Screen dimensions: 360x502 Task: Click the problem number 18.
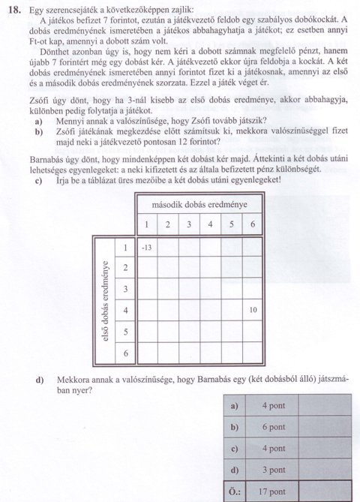(x=13, y=8)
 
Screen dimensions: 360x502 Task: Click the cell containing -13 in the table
(x=147, y=247)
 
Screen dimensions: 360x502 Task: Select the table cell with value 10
(x=253, y=309)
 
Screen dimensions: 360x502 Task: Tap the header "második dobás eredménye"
(x=200, y=205)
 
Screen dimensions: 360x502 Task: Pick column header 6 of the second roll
(x=253, y=225)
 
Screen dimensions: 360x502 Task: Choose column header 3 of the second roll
(x=190, y=225)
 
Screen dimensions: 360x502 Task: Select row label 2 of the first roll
(x=125, y=268)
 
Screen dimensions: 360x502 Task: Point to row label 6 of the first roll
(x=125, y=352)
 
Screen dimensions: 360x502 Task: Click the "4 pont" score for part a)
(x=273, y=406)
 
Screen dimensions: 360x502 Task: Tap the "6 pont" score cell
(x=273, y=428)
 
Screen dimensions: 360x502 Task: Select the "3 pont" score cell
(x=273, y=470)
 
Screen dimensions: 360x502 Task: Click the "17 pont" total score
(x=273, y=492)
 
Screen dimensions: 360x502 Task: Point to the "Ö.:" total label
(x=234, y=492)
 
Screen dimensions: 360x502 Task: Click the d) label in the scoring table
(x=234, y=470)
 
